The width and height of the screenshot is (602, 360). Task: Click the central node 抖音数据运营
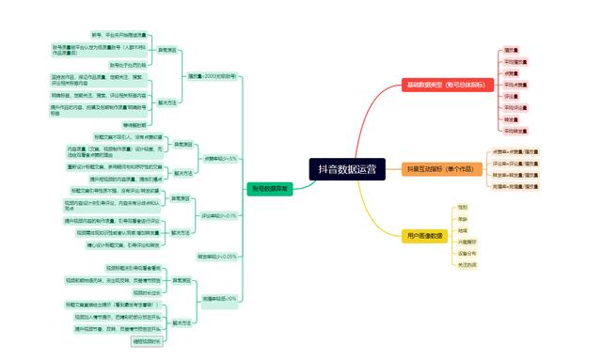(347, 169)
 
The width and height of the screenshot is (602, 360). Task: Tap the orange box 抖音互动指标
(430, 169)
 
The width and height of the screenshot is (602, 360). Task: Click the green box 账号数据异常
(270, 188)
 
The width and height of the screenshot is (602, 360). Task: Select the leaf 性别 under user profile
(462, 207)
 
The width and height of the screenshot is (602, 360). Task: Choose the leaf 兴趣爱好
(467, 242)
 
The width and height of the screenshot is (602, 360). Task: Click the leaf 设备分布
(467, 254)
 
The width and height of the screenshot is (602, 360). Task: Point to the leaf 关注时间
(467, 265)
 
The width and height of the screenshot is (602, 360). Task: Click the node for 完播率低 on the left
(219, 299)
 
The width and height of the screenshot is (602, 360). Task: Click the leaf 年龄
(462, 218)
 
